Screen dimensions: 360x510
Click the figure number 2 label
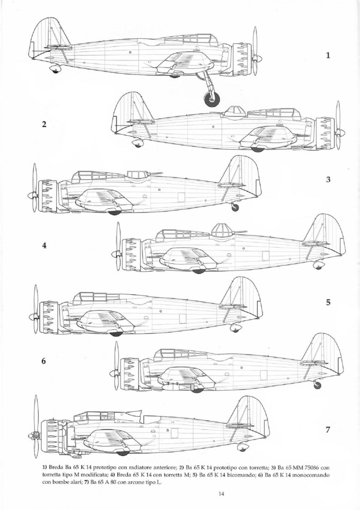44,124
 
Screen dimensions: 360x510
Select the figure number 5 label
328,303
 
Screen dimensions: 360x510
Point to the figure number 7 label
328,430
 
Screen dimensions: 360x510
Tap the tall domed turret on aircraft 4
223,230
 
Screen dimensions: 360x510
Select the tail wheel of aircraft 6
318,385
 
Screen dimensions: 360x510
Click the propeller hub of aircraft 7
35,435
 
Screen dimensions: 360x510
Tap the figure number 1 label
328,55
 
